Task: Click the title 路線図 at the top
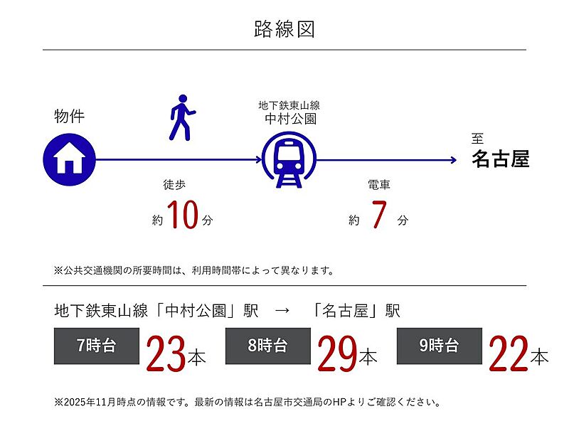click(x=284, y=29)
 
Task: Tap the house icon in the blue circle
click(x=69, y=159)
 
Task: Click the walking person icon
click(x=182, y=117)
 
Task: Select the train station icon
click(x=289, y=160)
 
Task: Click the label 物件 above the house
click(x=69, y=116)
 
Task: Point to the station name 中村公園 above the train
click(x=290, y=119)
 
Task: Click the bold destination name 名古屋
click(x=501, y=159)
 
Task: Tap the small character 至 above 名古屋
click(x=477, y=138)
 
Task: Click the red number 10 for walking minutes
click(x=183, y=215)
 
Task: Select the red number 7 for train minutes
click(x=379, y=215)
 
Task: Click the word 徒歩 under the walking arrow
click(x=174, y=185)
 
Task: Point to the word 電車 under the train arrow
click(x=379, y=185)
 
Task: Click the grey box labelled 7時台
click(x=97, y=346)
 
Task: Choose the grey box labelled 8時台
click(x=268, y=346)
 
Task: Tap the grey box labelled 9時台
click(x=439, y=346)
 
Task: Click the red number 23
click(x=166, y=353)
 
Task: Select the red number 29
click(x=337, y=353)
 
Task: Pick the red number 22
click(x=509, y=353)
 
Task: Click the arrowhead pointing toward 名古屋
click(x=454, y=160)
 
